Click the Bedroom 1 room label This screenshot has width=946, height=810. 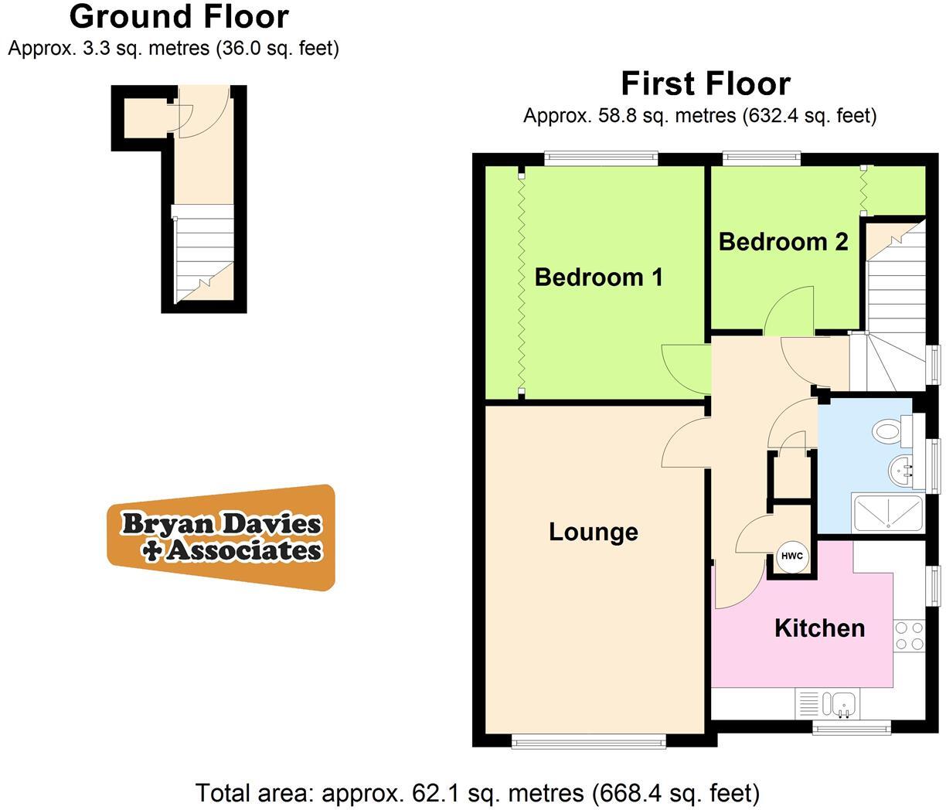[598, 277]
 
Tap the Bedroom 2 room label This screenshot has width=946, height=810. [783, 241]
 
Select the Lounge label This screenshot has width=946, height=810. [593, 532]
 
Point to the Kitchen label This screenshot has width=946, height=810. [819, 628]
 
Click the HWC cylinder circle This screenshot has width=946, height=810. [791, 556]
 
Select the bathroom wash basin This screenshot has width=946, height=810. [900, 468]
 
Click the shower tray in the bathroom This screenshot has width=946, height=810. [887, 512]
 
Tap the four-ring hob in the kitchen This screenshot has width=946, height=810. [909, 635]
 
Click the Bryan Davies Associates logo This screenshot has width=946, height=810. [222, 537]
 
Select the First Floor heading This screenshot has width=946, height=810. [706, 83]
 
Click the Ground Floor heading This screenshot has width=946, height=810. [179, 15]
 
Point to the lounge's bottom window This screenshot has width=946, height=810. [588, 742]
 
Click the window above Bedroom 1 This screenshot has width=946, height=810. [601, 158]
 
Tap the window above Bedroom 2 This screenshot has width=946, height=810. [761, 158]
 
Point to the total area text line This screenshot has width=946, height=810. [477, 792]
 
